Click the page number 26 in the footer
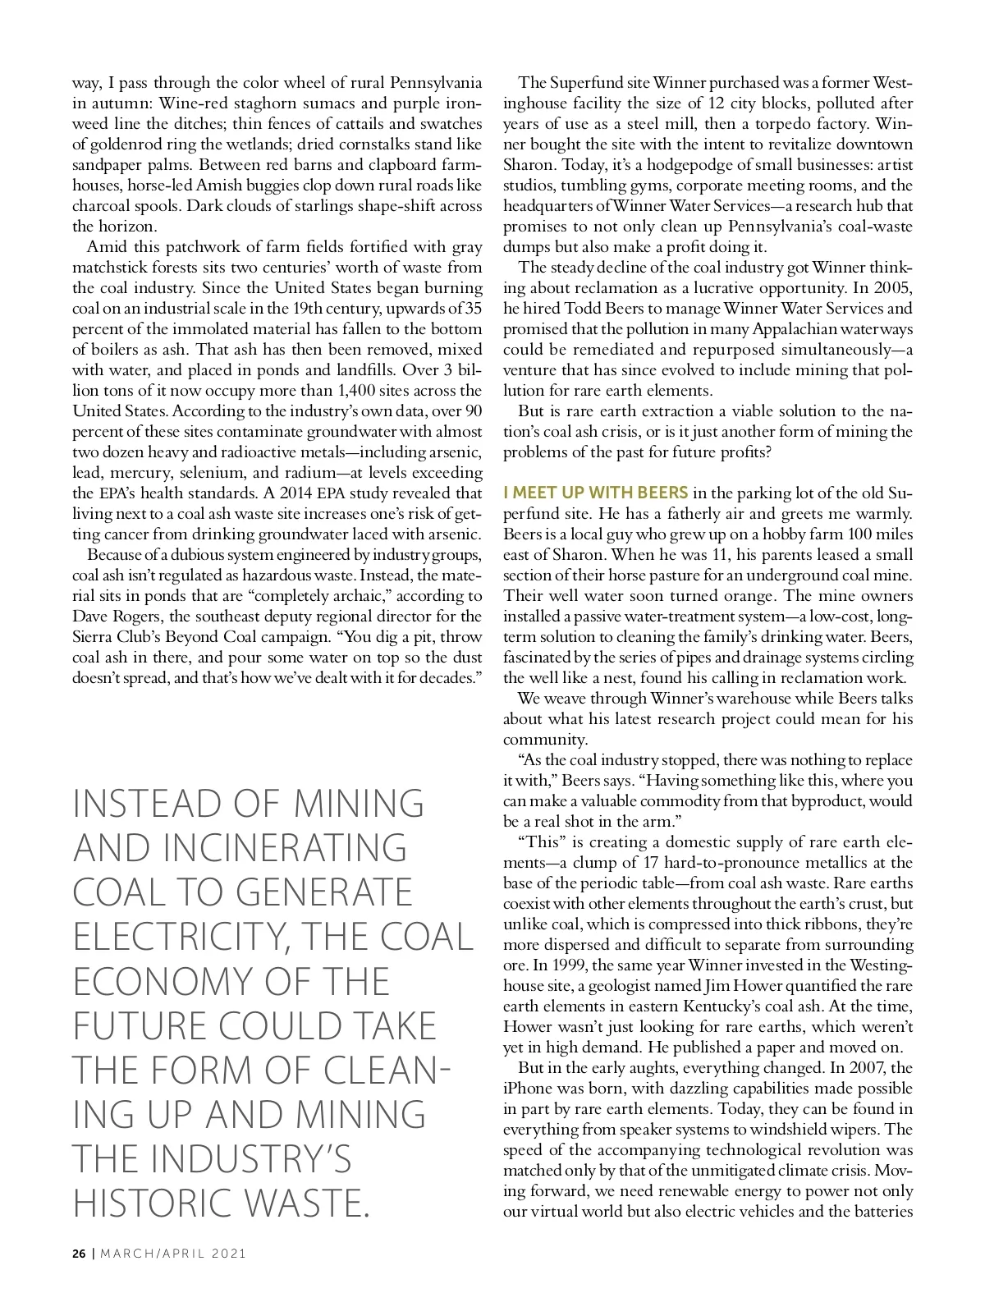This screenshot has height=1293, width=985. tap(79, 1254)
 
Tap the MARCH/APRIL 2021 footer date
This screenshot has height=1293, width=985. tap(172, 1254)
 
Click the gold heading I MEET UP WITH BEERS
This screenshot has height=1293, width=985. tap(596, 493)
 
